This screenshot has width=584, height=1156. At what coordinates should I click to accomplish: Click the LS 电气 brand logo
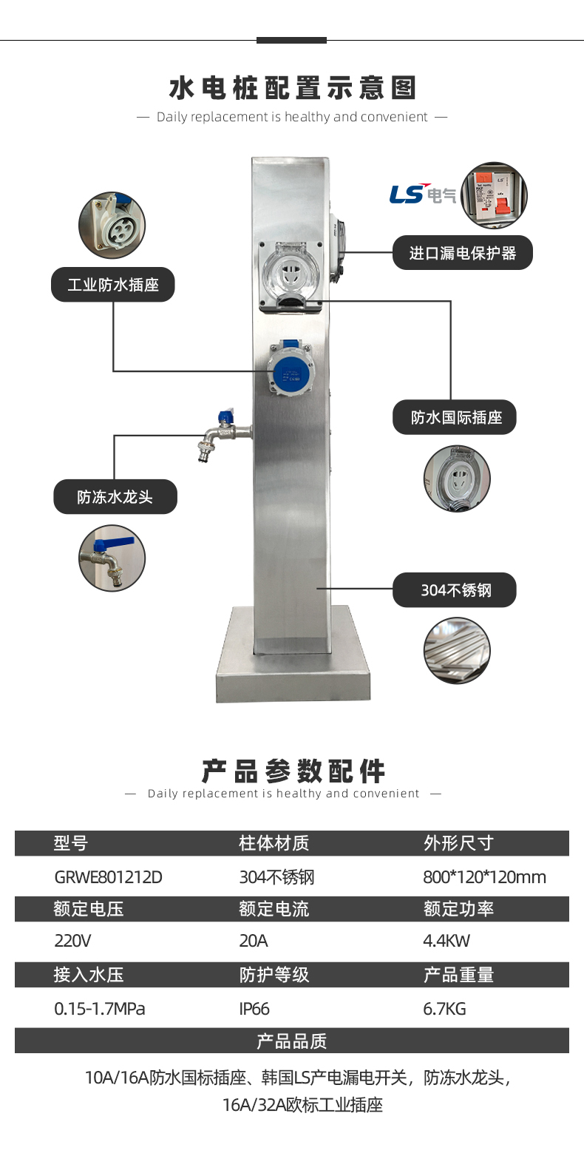coord(423,194)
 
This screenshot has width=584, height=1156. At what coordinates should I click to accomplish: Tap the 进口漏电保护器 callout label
coord(462,254)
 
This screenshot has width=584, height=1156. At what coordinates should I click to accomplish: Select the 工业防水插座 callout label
coord(112,285)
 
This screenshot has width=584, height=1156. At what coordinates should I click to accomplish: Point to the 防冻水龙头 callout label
coord(115,497)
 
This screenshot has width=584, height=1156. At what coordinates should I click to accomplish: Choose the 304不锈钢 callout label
coord(455,590)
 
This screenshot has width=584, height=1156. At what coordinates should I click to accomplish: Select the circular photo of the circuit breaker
coord(493,195)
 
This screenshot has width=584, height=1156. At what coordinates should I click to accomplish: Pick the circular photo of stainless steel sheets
coord(457,651)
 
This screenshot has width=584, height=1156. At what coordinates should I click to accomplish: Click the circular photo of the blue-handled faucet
coord(112,558)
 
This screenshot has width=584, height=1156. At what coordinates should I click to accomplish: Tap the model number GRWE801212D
coord(108,877)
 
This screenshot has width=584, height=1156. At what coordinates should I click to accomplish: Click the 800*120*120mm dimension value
coord(484,877)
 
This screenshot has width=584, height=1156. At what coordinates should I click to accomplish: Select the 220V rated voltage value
coord(73,941)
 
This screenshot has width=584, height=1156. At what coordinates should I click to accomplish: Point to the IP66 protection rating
coord(254,1009)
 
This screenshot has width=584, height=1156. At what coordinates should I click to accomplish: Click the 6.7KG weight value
coord(444,1009)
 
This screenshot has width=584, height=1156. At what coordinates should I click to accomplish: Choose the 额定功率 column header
coord(458,909)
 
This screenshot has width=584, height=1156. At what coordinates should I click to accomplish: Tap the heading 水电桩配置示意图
coord(293,88)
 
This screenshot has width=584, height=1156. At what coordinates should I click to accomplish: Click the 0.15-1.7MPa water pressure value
coord(100,1009)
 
